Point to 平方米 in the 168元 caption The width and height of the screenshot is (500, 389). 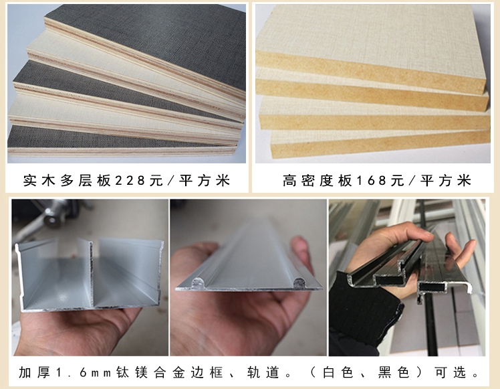(x=448, y=180)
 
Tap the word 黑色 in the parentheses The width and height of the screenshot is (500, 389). (x=394, y=372)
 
